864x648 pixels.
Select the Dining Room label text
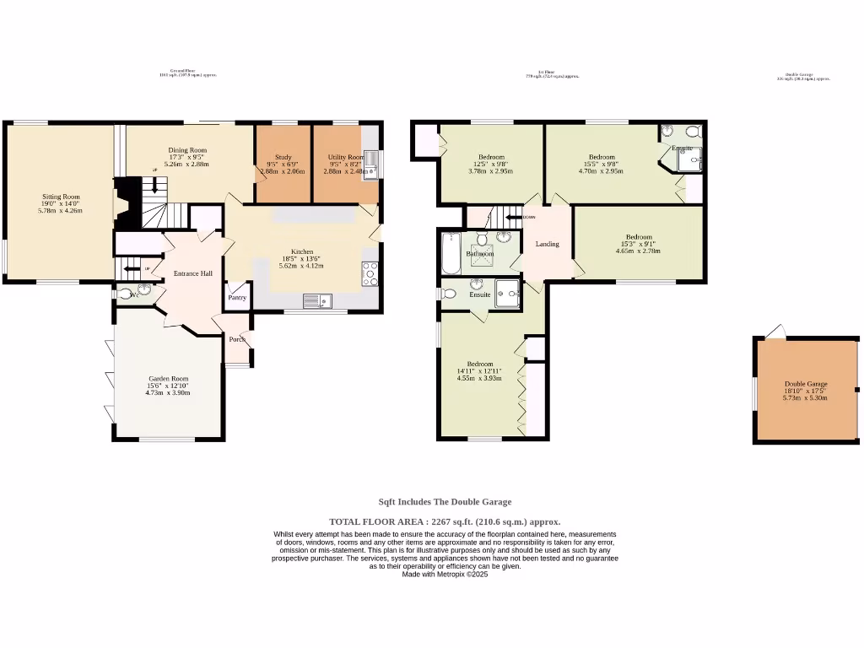(x=186, y=150)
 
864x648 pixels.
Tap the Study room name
(x=283, y=157)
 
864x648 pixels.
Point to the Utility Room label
(x=344, y=157)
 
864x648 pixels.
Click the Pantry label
(x=237, y=297)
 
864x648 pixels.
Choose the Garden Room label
(x=168, y=379)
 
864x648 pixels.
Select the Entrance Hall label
(x=193, y=273)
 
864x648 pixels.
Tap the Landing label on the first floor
(x=548, y=244)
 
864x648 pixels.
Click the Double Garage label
(x=805, y=384)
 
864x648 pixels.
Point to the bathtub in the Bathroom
(x=451, y=253)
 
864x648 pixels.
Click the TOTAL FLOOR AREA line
(x=444, y=521)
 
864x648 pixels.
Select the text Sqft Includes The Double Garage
(x=444, y=502)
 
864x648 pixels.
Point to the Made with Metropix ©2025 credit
(x=445, y=574)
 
